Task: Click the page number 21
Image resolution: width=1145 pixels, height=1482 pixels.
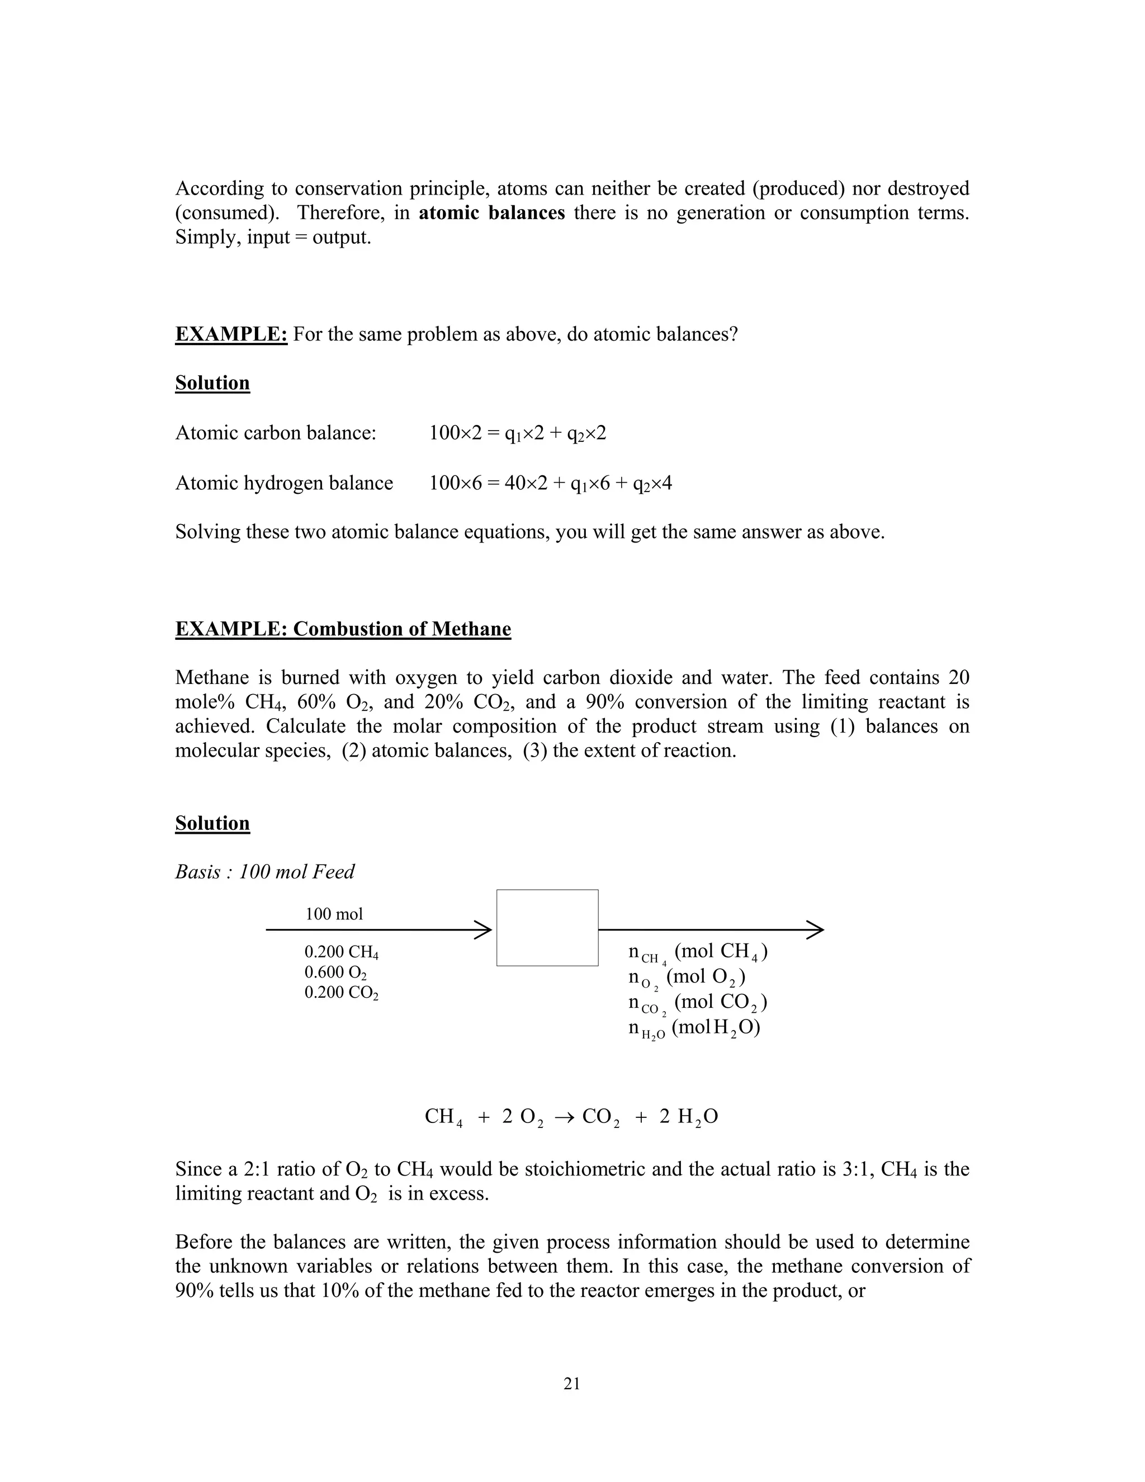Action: pyautogui.click(x=571, y=1383)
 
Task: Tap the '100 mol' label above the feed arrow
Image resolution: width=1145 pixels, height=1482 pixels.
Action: pyautogui.click(x=334, y=914)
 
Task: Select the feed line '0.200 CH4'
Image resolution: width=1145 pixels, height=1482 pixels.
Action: pyautogui.click(x=341, y=954)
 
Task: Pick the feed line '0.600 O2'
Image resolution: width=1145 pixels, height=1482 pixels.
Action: pyautogui.click(x=336, y=973)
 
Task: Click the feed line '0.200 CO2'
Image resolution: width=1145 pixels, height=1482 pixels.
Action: pyautogui.click(x=341, y=993)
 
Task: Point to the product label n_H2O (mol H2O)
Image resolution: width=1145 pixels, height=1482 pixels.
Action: pyautogui.click(x=694, y=1027)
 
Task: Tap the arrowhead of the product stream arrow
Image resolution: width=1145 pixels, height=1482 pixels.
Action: pyautogui.click(x=816, y=929)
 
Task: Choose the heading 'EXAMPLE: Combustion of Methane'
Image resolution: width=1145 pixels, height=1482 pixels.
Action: pyautogui.click(x=343, y=629)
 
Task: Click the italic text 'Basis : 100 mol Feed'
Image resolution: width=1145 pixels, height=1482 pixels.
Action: pyautogui.click(x=264, y=871)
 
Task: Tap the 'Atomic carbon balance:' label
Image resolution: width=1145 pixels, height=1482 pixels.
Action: pyautogui.click(x=276, y=432)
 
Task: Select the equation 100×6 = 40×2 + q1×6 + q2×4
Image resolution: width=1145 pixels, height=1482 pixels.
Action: pyautogui.click(x=550, y=483)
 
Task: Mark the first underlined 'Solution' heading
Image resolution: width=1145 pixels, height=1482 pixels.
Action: pyautogui.click(x=212, y=383)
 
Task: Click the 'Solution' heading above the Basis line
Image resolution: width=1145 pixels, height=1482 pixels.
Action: pyautogui.click(x=212, y=823)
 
